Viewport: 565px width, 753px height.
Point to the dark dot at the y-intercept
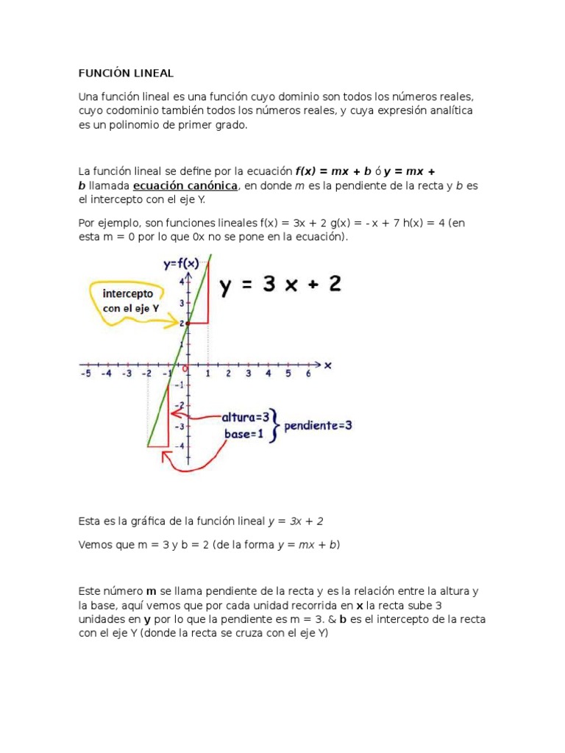188,323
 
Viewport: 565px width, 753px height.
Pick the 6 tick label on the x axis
308,374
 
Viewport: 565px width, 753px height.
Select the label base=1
244,433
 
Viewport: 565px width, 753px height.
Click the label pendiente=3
319,426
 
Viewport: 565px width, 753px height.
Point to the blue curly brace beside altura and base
275,425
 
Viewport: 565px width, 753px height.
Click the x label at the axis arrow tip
327,365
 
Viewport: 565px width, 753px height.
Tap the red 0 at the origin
185,368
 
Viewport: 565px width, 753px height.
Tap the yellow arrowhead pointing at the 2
175,322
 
